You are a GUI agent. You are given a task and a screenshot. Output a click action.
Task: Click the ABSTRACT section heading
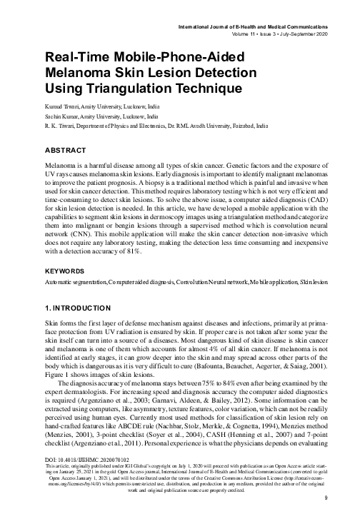point(45,152)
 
